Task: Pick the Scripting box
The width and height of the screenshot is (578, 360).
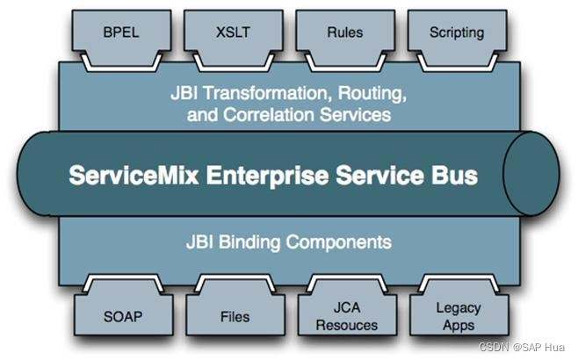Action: point(457,33)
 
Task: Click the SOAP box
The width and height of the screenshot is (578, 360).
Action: point(120,316)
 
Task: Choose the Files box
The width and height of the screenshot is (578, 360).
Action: point(235,316)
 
